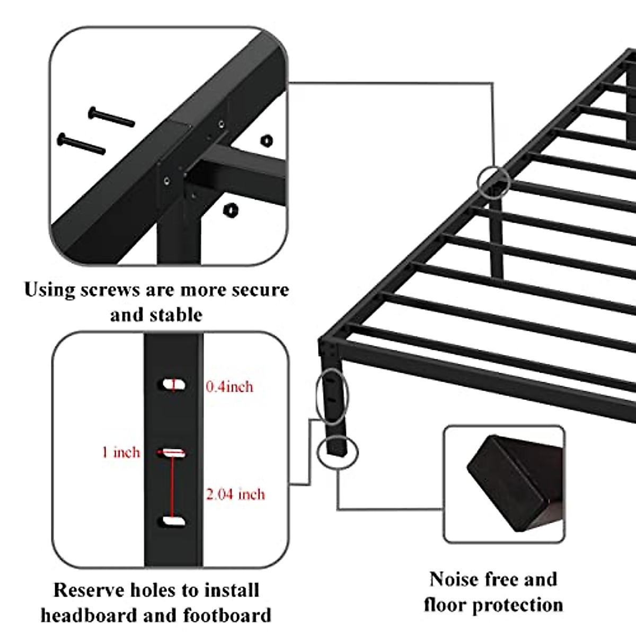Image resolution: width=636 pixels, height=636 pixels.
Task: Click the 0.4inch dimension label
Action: coord(229,387)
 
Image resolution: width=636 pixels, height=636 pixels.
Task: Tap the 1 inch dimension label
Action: coord(121,453)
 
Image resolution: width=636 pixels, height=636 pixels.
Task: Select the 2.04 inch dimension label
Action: coord(235,494)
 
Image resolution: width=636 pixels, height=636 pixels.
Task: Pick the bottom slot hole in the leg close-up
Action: coord(173,522)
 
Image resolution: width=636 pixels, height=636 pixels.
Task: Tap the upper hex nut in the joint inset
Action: coord(267,140)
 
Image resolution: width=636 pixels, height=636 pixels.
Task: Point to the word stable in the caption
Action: coord(175,315)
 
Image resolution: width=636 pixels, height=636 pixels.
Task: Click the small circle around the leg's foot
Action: coord(338,452)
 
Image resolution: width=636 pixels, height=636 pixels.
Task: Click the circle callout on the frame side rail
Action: coord(494,181)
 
